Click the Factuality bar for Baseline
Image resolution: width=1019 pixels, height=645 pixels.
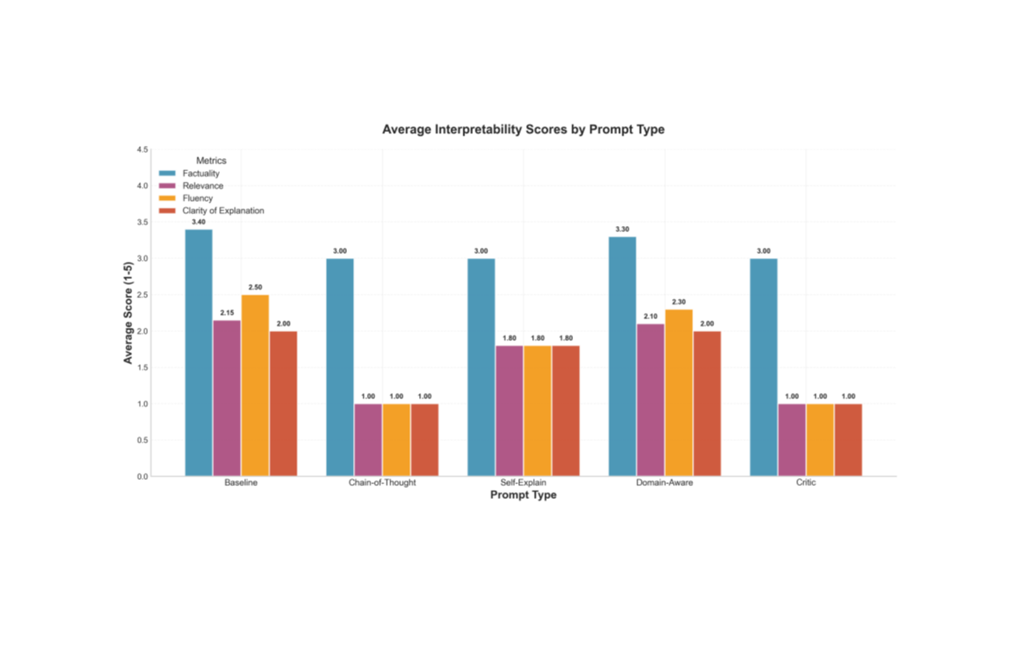(x=198, y=352)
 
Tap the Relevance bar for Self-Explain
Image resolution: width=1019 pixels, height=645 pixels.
(x=509, y=411)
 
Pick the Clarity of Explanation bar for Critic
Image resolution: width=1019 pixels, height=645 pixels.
(x=848, y=440)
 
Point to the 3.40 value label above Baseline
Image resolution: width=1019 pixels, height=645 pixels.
(x=198, y=223)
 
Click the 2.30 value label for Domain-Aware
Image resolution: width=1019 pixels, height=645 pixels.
(x=679, y=303)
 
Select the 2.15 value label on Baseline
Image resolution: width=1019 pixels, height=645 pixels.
(x=227, y=313)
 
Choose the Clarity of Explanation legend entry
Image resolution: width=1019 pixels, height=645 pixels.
(x=223, y=210)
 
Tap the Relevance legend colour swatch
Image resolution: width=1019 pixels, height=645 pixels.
(x=167, y=186)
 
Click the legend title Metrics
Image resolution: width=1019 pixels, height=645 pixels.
(x=211, y=161)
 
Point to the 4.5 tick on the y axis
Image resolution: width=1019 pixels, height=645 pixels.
(x=142, y=150)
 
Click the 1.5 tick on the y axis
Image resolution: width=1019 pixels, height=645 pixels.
(x=142, y=368)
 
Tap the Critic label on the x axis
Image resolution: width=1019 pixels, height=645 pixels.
(x=806, y=483)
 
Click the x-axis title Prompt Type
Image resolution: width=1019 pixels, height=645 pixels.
(x=523, y=495)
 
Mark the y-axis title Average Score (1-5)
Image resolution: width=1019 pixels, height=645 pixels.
(x=128, y=313)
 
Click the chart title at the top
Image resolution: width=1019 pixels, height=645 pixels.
(x=523, y=129)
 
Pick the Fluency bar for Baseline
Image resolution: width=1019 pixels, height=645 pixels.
(x=255, y=385)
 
